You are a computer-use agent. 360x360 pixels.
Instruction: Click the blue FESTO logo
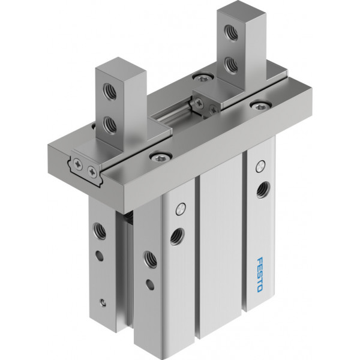[x=260, y=275]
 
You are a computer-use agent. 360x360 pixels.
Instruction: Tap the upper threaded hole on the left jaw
[x=110, y=91]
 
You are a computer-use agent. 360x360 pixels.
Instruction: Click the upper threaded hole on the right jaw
[x=231, y=31]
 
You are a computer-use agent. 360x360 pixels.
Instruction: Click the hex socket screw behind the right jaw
[x=203, y=77]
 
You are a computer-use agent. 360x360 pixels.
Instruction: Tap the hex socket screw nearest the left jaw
[x=161, y=157]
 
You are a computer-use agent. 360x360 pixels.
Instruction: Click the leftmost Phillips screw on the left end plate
[x=78, y=164]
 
